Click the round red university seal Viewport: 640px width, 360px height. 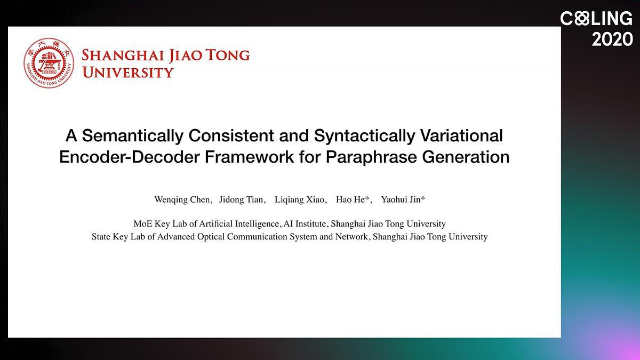[49, 63]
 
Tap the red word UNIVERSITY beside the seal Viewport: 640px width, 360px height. [127, 73]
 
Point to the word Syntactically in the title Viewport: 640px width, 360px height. [364, 135]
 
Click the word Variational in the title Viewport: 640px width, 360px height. [461, 135]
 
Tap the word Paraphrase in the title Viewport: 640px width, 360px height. [371, 157]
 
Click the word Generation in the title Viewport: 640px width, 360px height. [466, 157]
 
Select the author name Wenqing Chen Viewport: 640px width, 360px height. [182, 199]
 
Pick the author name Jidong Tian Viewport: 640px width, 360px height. [241, 199]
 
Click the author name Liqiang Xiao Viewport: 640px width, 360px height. [299, 199]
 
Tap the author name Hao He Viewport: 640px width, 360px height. [350, 199]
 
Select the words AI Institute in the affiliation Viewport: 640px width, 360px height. [305, 223]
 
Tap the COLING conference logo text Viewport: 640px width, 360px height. [596, 19]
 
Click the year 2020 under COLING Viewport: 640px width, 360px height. [612, 39]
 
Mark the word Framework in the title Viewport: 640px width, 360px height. [249, 157]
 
